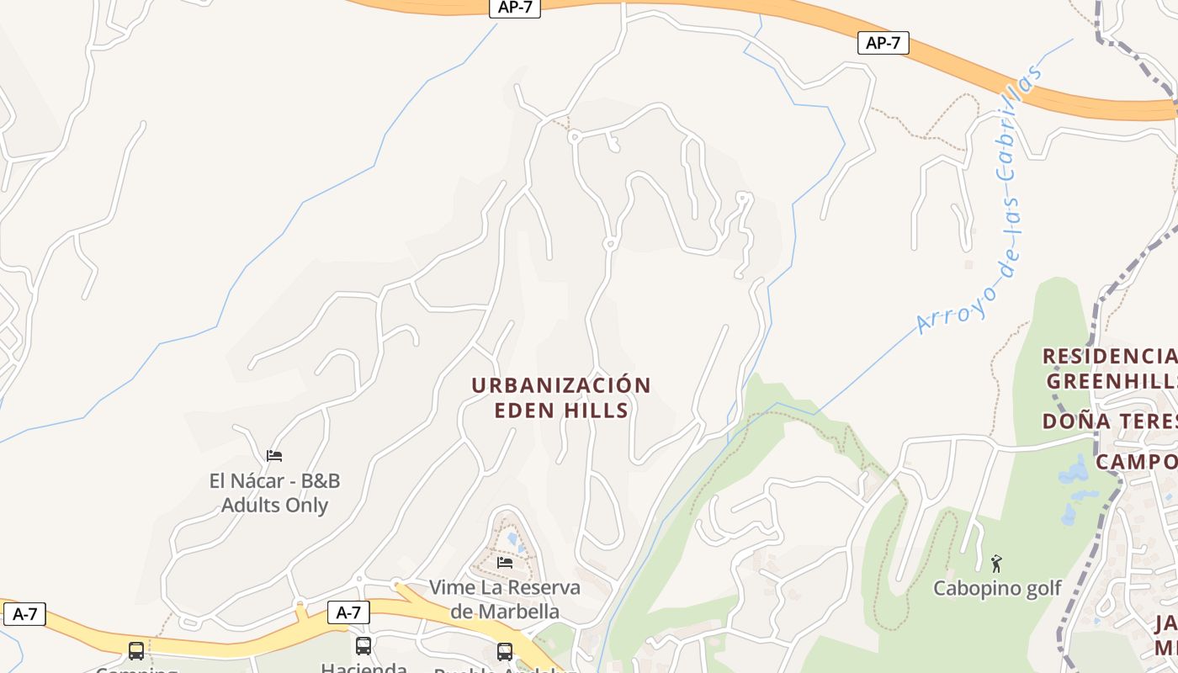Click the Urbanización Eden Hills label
pos(561,398)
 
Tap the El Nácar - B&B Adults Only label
pos(274,493)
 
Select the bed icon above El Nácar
pos(274,456)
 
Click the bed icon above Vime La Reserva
pos(505,562)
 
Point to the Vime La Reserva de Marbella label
pos(504,599)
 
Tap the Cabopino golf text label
pos(997,588)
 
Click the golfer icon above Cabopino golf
pos(997,563)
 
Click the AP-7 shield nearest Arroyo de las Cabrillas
pos(883,43)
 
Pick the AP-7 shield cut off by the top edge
pos(514,8)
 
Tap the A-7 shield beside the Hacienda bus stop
pos(348,612)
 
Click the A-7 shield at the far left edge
pos(24,614)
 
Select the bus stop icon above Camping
pos(136,650)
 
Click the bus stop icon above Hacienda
pos(363,646)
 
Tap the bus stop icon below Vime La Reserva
pos(505,651)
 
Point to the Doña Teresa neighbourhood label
pos(1109,421)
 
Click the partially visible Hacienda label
pos(363,668)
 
